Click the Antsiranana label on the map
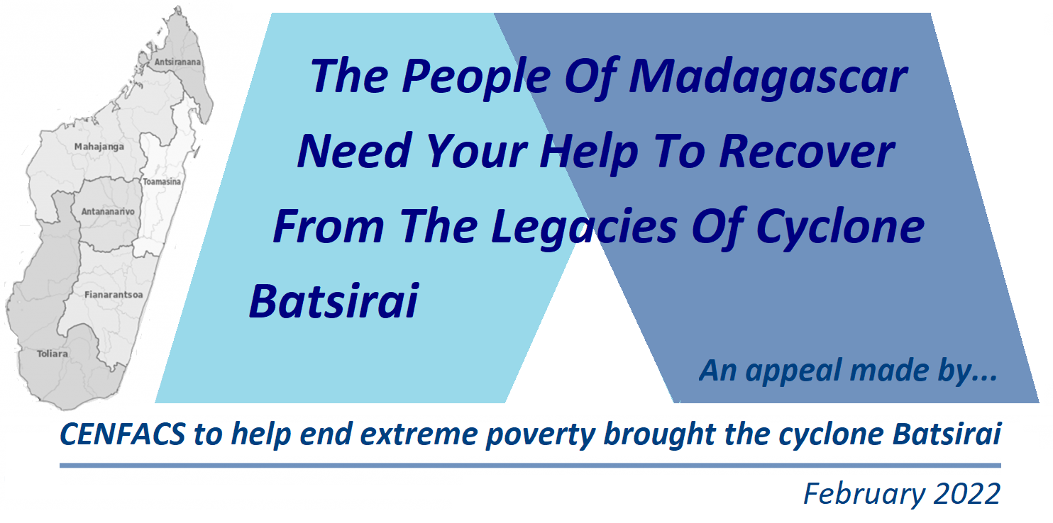pos(177,62)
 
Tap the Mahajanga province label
pos(99,147)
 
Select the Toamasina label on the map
pos(162,181)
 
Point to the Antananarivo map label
pos(108,212)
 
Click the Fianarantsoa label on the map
pos(114,295)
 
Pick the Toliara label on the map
pos(53,354)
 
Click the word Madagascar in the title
pos(768,77)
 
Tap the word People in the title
pos(475,77)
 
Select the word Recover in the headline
pos(807,151)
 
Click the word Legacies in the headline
pos(584,227)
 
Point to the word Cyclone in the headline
pos(840,227)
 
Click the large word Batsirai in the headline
pos(333,301)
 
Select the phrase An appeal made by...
pos(848,371)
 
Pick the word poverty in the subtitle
pos(541,435)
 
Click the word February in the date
pos(864,495)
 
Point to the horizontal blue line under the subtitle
pos(530,466)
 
